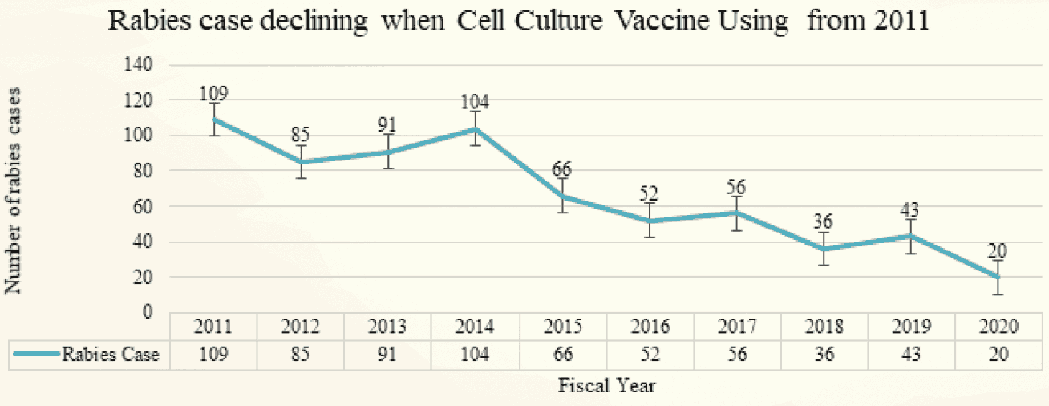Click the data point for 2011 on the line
[x=214, y=120]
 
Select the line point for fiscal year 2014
[x=476, y=128]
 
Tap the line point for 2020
[x=998, y=277]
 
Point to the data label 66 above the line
[x=563, y=170]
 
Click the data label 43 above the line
[x=910, y=210]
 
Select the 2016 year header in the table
[x=650, y=327]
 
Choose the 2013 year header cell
[x=388, y=327]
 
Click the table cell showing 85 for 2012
[x=301, y=355]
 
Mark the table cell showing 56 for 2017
[x=737, y=355]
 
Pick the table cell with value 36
[x=824, y=355]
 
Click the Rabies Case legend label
[x=111, y=355]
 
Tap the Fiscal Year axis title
[x=608, y=386]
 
